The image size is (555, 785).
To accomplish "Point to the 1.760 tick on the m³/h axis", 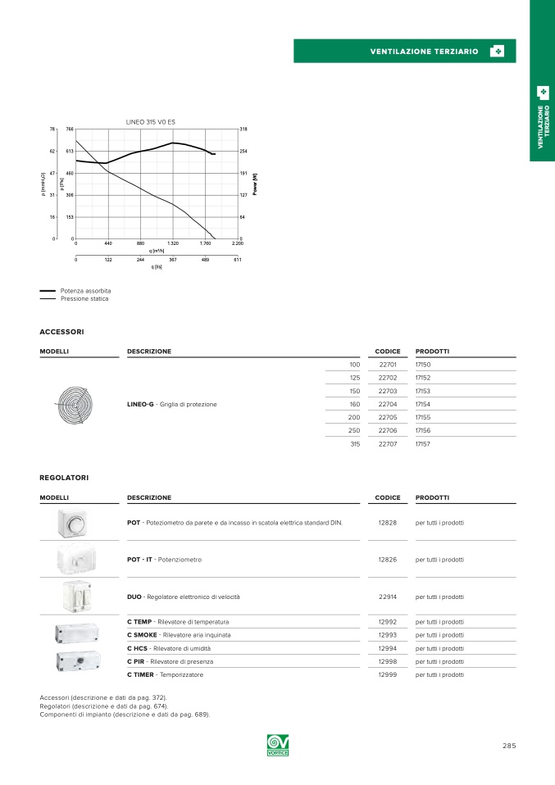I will (205, 243).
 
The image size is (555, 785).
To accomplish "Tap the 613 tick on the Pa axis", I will (70, 152).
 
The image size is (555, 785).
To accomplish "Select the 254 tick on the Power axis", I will (243, 152).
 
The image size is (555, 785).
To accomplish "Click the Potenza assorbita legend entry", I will (85, 291).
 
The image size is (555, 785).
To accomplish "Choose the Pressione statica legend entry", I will (84, 298).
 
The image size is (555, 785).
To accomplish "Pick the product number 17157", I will (423, 443).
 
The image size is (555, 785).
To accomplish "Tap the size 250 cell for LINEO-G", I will (354, 430).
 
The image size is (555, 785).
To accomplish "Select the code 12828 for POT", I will (388, 522).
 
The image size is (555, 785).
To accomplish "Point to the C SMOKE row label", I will (179, 635).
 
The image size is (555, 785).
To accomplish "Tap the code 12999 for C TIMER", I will (388, 674).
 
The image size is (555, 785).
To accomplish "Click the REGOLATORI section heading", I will (64, 477).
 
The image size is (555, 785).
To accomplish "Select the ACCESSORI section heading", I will (61, 332).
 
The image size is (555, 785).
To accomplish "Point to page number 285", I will (509, 746).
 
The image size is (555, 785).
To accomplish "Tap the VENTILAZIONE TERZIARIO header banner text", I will (424, 52).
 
